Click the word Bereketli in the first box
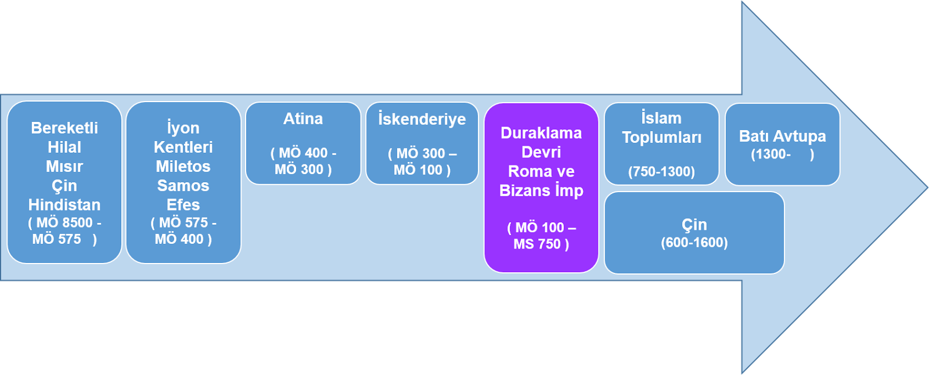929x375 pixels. coord(64,128)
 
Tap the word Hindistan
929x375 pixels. coord(64,205)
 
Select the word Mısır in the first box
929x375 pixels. coord(64,167)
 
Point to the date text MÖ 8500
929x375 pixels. coord(64,222)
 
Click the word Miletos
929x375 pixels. coord(183,167)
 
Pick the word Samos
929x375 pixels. coord(183,186)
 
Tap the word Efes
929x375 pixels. coord(183,205)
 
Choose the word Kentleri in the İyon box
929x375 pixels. coord(183,147)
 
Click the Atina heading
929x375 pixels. coord(303,119)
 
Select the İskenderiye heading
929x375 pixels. coord(422,119)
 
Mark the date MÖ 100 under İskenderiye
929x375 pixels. coord(417,170)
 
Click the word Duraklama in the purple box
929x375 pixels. coord(541,133)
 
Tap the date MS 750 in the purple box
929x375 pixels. coord(536,244)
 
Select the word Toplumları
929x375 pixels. coord(661,138)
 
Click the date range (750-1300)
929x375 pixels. coord(661,172)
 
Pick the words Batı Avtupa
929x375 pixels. coord(782,136)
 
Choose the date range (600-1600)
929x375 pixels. coord(694,243)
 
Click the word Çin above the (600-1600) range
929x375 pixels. coord(694,225)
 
